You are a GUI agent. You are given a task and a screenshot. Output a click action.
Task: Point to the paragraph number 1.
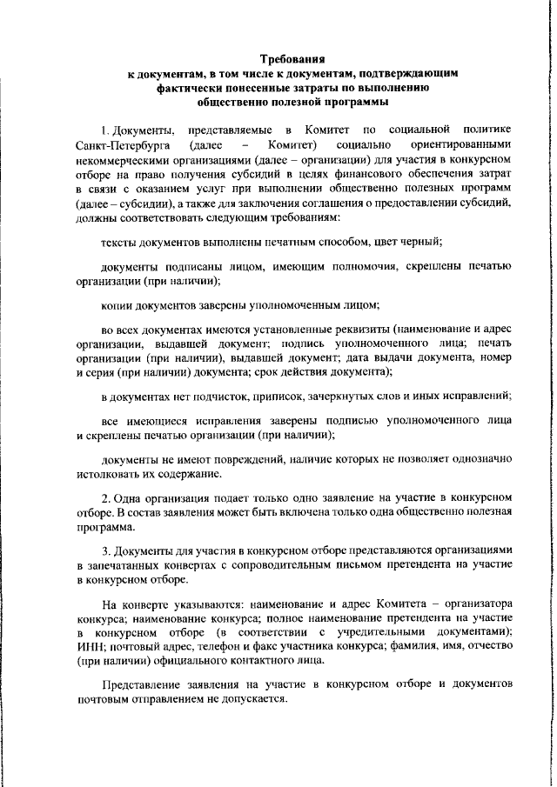point(104,130)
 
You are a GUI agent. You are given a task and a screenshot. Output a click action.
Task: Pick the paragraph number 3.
point(104,550)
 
